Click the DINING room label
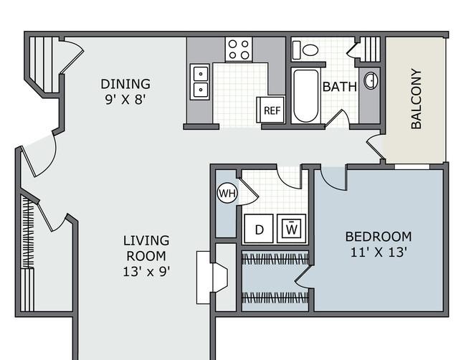(x=125, y=84)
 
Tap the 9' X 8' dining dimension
(x=125, y=100)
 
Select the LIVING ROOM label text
(x=146, y=248)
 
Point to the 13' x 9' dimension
(x=146, y=271)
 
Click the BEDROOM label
(x=379, y=237)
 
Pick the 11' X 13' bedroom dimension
(x=379, y=252)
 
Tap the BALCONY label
(x=416, y=99)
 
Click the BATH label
(x=339, y=87)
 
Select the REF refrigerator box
(x=271, y=110)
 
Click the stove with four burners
(x=239, y=49)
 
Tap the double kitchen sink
(x=200, y=82)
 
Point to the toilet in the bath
(x=305, y=50)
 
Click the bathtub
(x=305, y=95)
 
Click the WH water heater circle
(x=227, y=194)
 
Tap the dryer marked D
(x=259, y=229)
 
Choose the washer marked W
(x=291, y=229)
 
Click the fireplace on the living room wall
(x=212, y=278)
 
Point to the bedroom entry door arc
(x=331, y=182)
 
